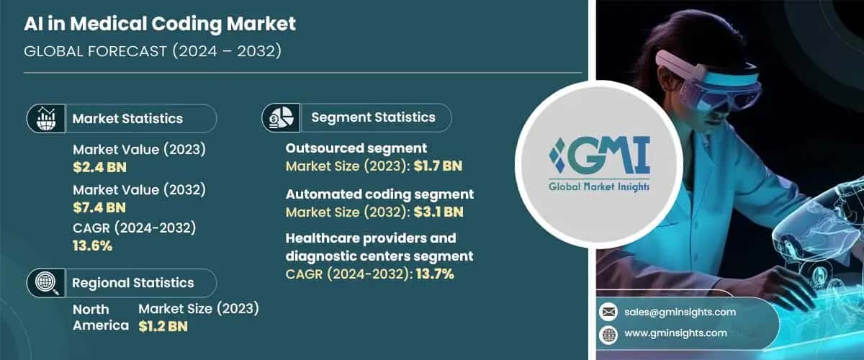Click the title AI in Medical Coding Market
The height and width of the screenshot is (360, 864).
(x=160, y=24)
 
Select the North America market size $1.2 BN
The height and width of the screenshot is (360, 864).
(x=163, y=325)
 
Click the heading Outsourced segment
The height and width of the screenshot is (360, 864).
(x=356, y=148)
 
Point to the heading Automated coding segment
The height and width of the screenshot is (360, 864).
(x=379, y=194)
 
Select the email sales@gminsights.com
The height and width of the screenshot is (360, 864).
(x=680, y=312)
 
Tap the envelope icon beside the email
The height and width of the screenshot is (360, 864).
(x=609, y=312)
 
